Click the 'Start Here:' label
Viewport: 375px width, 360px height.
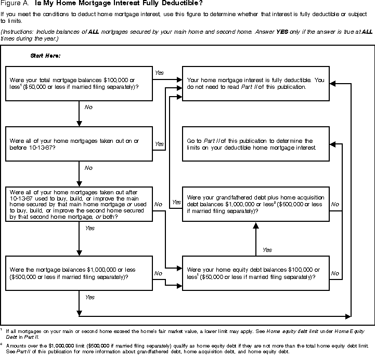point(46,55)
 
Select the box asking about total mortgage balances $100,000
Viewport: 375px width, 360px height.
point(78,83)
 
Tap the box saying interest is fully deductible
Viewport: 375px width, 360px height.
point(255,83)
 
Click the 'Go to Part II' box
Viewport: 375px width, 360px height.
point(255,144)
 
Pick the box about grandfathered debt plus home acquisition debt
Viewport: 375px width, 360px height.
point(255,204)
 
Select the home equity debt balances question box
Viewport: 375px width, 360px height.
point(255,273)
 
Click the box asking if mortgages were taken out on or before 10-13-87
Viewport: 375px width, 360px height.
point(78,144)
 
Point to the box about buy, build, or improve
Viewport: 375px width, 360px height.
point(78,204)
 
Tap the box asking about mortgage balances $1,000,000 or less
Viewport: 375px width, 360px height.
point(78,273)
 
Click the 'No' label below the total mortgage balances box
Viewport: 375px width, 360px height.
point(88,108)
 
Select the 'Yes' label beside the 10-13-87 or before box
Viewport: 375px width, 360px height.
point(160,143)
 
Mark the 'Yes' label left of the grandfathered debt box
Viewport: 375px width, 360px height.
point(176,202)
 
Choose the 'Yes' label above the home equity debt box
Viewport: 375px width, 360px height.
point(267,250)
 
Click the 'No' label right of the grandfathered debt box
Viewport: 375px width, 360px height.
point(335,204)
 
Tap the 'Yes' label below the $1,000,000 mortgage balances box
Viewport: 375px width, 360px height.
point(89,297)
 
